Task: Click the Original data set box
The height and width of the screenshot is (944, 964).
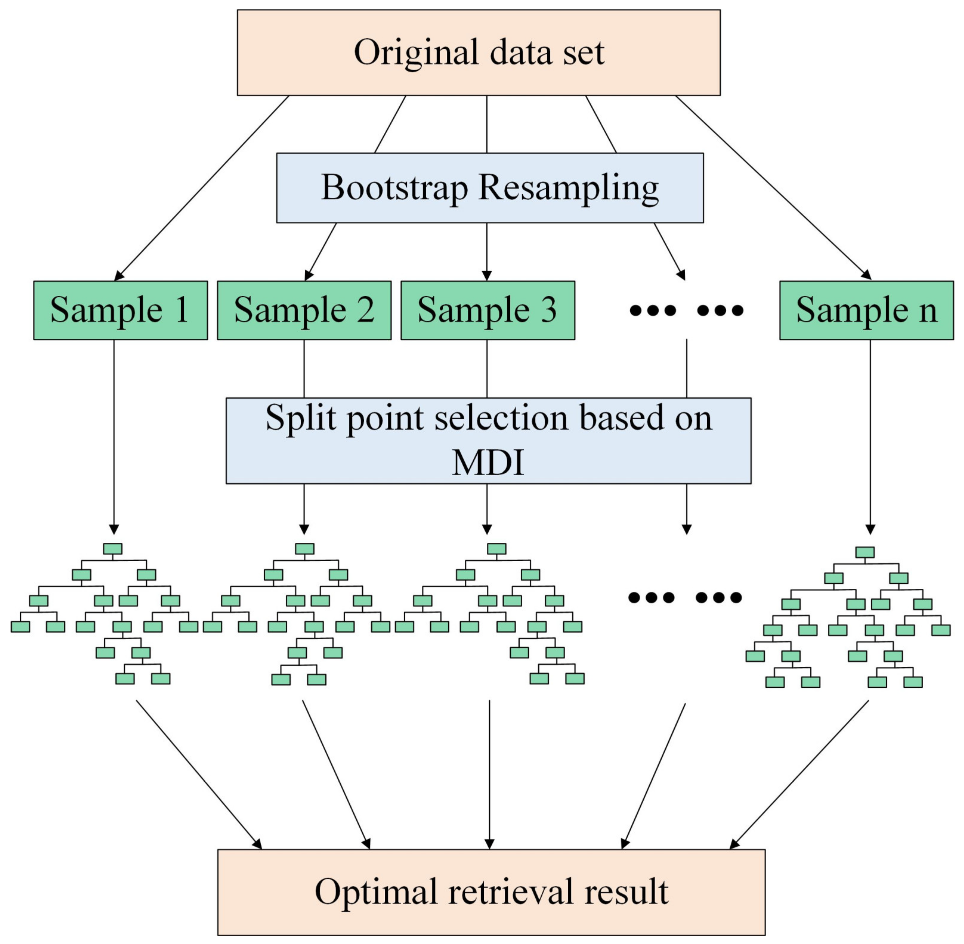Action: [x=478, y=53]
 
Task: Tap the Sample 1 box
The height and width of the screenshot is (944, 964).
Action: [x=120, y=310]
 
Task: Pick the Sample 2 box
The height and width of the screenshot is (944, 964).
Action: [x=304, y=310]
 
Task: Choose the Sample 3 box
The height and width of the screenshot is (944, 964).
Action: [x=488, y=310]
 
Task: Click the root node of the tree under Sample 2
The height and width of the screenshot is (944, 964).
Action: [x=304, y=549]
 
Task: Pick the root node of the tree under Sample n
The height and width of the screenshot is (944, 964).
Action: [x=865, y=552]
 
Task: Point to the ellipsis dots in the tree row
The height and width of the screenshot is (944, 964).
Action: [x=685, y=597]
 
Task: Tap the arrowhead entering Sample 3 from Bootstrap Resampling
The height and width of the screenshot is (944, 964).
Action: [x=487, y=276]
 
